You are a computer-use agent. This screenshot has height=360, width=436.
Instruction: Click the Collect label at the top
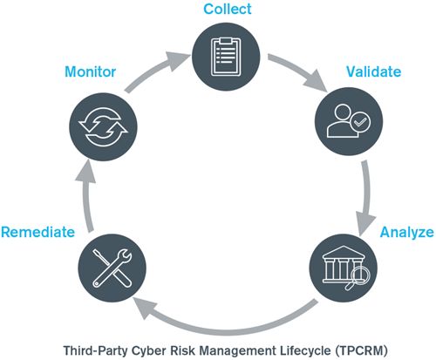(228, 9)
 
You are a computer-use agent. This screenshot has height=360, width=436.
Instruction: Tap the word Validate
(373, 71)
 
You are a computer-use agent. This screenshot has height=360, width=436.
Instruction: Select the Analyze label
(406, 233)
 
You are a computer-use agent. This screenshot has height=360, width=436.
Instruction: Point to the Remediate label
(37, 232)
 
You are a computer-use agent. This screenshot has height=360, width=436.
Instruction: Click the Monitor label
(90, 71)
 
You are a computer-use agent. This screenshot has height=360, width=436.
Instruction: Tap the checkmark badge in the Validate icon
(360, 122)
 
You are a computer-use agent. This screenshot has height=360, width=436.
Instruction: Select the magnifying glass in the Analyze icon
(358, 277)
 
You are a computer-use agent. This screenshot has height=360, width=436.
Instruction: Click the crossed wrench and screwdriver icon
(112, 268)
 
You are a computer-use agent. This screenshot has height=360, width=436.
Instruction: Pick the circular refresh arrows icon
(103, 127)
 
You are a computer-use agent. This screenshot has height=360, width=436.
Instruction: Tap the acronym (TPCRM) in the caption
(361, 350)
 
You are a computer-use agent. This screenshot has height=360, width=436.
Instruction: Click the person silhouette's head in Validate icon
(343, 112)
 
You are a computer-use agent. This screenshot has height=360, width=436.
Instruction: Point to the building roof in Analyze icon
(344, 252)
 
